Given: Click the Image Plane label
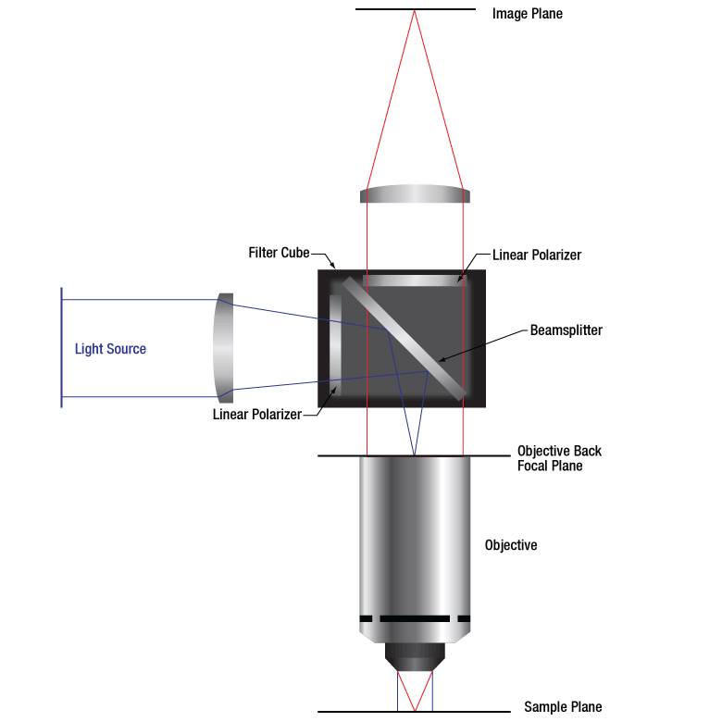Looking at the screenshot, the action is click(528, 14).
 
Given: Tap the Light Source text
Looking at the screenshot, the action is click(110, 349).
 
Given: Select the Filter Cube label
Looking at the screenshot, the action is click(279, 253).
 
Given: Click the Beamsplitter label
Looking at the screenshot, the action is click(566, 330).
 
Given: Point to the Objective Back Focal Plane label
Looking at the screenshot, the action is click(559, 458).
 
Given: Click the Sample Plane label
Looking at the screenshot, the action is click(563, 706).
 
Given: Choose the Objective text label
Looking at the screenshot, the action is click(511, 545).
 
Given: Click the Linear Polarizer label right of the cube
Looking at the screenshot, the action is click(537, 255).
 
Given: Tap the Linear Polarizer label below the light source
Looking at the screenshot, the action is click(257, 414).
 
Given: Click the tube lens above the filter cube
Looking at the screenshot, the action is click(415, 193).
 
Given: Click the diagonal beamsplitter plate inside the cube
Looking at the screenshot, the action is click(405, 339).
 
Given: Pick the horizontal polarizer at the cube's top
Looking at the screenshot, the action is click(415, 280).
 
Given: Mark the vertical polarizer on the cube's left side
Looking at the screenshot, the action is click(335, 345).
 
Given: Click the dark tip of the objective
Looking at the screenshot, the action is click(415, 657).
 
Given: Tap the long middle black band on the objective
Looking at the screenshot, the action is click(415, 618).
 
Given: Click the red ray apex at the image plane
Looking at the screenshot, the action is click(415, 10).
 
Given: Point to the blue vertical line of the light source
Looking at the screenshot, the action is click(61, 348).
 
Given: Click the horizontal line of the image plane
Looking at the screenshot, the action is click(416, 9).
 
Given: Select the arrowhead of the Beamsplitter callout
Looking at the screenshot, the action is click(441, 360).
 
